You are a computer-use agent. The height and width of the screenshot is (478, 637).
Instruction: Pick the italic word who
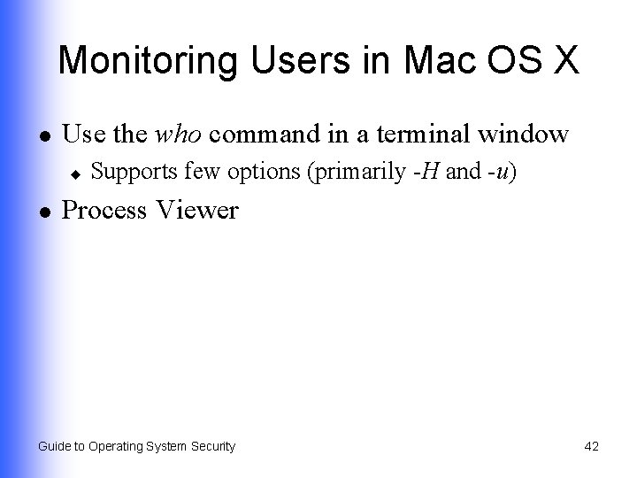click(179, 135)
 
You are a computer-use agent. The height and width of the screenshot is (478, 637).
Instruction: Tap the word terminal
click(425, 135)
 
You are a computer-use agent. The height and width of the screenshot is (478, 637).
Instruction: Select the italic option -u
click(500, 172)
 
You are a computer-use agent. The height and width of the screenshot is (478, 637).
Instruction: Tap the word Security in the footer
click(211, 447)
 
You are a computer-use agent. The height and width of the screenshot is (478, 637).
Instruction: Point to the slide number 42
click(591, 447)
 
